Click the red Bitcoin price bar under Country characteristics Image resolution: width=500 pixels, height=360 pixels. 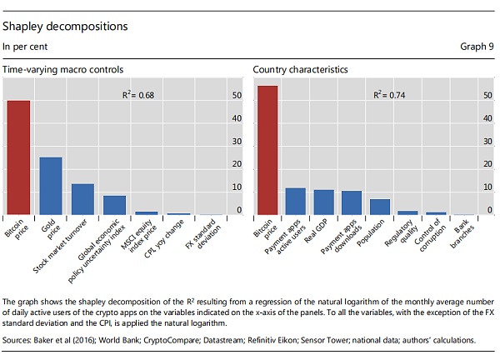click(267, 151)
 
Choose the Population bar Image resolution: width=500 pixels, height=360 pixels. click(380, 207)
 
